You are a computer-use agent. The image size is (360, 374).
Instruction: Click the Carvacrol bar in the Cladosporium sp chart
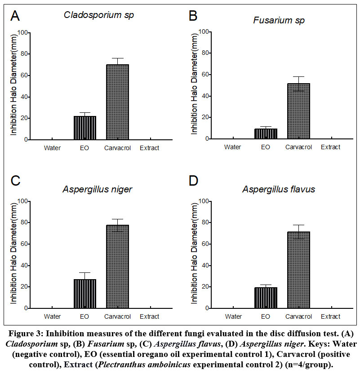point(117,102)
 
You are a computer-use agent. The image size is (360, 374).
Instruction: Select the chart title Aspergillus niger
point(98,189)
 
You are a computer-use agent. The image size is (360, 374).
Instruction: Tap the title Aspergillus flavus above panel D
point(279,189)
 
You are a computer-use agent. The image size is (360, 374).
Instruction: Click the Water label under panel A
point(53,147)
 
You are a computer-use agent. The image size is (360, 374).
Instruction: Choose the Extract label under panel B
point(330,147)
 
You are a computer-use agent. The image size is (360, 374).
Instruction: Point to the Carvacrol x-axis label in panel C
point(117,316)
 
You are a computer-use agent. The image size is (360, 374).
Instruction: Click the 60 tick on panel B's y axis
point(205,74)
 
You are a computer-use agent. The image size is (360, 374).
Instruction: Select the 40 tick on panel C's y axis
point(23,265)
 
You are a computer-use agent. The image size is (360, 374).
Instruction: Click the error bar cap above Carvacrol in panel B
point(297,77)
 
